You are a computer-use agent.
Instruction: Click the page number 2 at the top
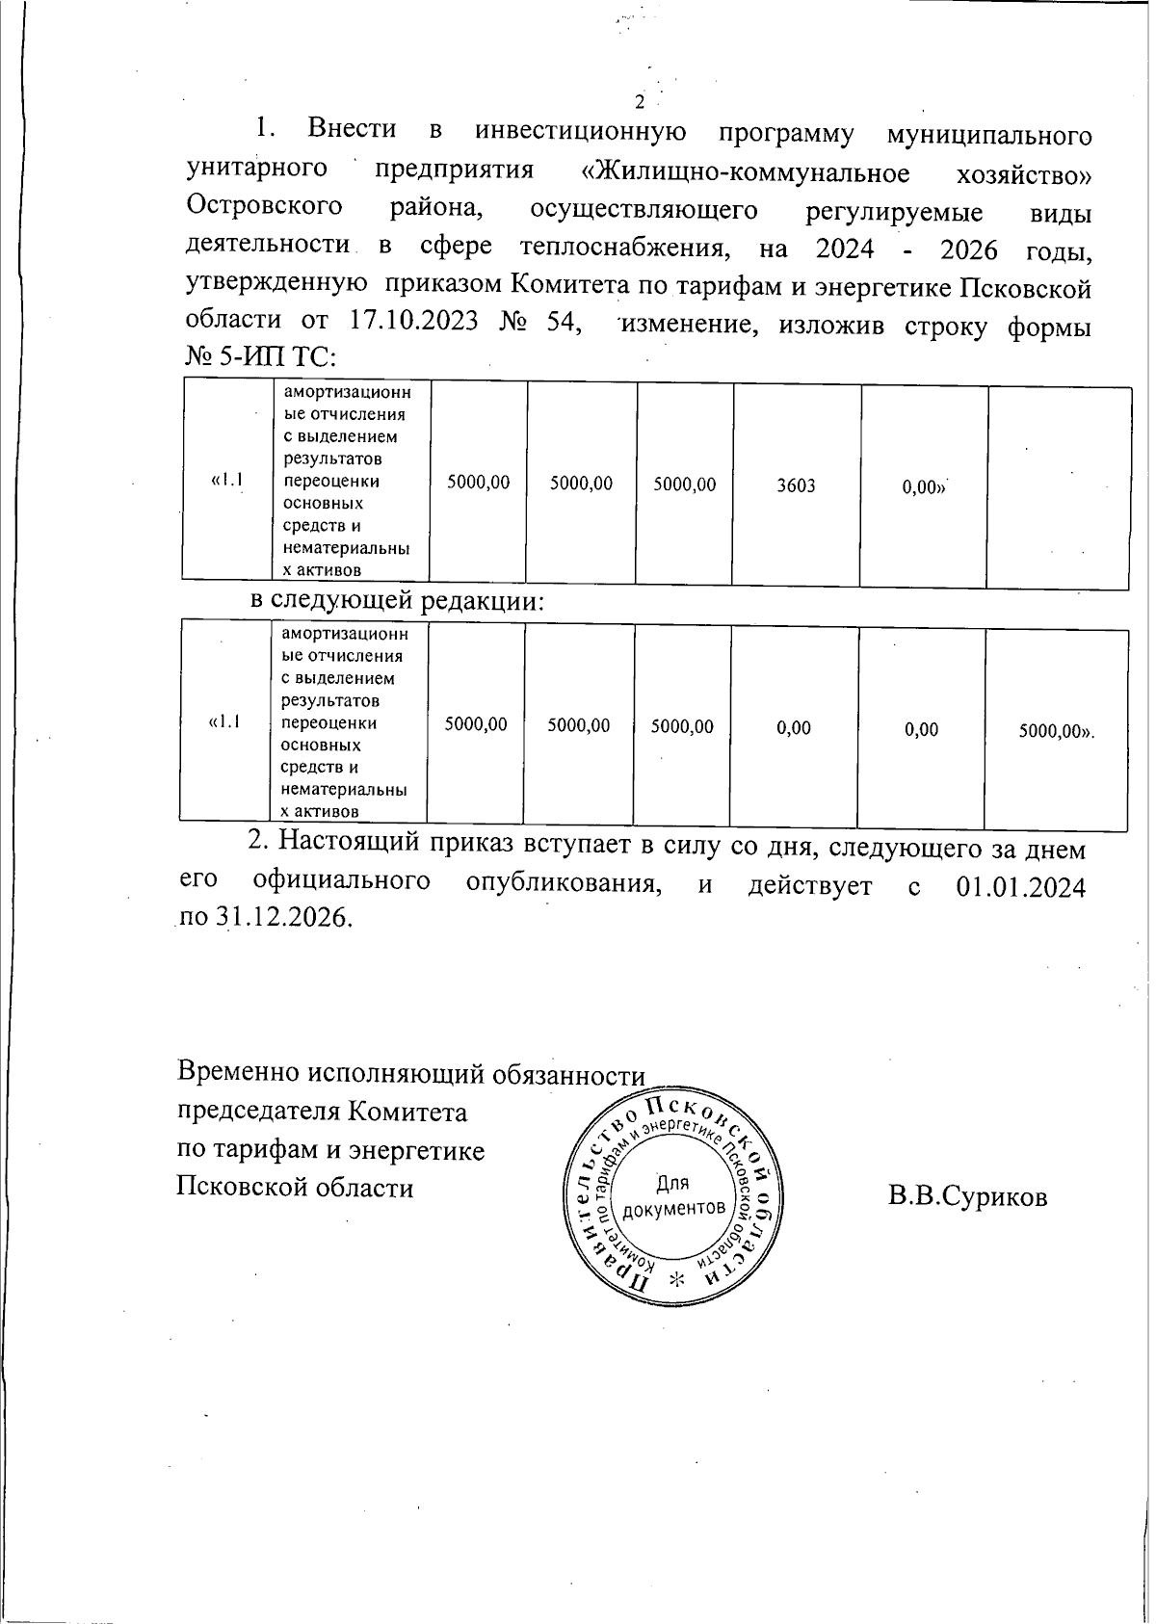click(638, 103)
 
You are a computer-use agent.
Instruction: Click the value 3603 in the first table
click(797, 485)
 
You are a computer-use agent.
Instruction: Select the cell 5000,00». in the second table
click(1058, 730)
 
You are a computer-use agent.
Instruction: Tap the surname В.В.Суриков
click(968, 1196)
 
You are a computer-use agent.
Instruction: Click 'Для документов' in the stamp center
click(674, 1194)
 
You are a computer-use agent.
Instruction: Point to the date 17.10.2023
click(413, 321)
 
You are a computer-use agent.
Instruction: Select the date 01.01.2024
click(1021, 885)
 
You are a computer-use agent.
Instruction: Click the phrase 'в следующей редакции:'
click(398, 601)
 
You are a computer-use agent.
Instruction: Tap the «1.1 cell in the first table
click(226, 480)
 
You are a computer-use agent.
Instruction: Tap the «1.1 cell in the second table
click(223, 721)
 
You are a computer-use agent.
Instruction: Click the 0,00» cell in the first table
click(924, 487)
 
